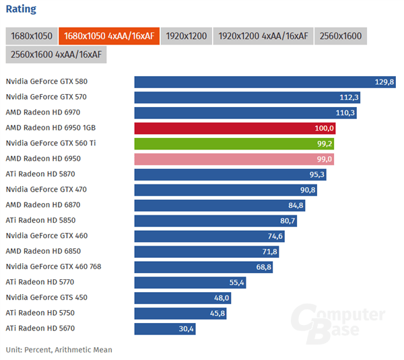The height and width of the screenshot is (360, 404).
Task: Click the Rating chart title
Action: click(21, 9)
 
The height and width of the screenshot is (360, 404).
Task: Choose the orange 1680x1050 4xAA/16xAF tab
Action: click(109, 36)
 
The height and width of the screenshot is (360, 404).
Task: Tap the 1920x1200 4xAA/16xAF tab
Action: click(186, 36)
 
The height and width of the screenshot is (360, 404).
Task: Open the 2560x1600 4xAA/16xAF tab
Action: click(56, 55)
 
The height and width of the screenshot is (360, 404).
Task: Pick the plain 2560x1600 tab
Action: click(340, 36)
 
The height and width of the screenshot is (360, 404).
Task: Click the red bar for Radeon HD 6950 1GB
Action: click(235, 128)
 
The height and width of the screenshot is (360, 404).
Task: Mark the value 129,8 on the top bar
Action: click(384, 82)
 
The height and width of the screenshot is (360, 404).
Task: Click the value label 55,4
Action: click(236, 283)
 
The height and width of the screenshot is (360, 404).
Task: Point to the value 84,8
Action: click(295, 205)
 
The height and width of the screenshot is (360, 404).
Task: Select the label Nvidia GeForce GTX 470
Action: click(46, 190)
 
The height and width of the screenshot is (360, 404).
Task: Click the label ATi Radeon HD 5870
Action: click(41, 174)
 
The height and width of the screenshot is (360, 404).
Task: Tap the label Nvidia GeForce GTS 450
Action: click(46, 297)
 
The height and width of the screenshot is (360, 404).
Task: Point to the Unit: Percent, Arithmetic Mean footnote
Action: click(59, 350)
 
